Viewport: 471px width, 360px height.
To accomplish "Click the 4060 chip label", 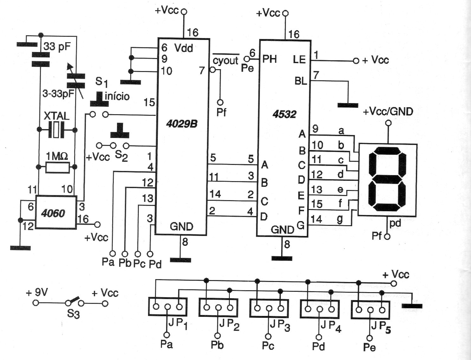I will [53, 213].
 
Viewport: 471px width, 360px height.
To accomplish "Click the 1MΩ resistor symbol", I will [57, 167].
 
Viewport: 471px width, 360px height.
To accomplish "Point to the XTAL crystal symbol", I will [56, 130].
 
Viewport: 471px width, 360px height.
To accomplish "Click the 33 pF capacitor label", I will [57, 46].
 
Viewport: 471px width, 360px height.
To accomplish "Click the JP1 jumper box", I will [168, 306].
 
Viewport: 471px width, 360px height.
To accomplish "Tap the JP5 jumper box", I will [370, 309].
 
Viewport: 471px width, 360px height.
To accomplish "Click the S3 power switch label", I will [73, 314].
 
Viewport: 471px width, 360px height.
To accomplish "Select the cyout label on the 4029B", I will [225, 60].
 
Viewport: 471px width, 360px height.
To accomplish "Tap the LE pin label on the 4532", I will [299, 59].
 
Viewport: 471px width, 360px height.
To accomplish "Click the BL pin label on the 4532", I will [301, 81].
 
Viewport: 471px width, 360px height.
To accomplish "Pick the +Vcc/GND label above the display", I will [388, 112].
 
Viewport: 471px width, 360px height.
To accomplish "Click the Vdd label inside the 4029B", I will [184, 48].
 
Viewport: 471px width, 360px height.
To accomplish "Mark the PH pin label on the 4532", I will [269, 59].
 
